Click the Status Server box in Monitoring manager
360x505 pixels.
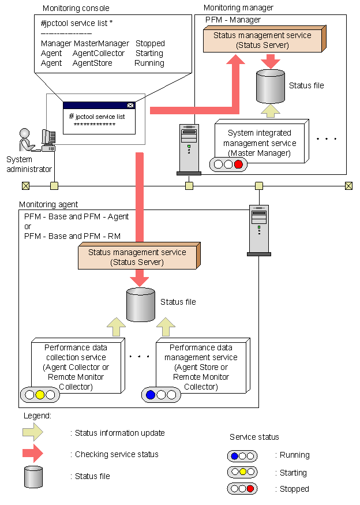coord(262,40)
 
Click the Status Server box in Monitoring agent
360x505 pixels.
coord(137,257)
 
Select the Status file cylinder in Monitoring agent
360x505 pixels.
coord(140,304)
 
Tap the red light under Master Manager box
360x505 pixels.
coord(238,164)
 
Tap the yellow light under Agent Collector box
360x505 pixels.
coord(40,395)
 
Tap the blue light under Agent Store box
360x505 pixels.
coord(151,395)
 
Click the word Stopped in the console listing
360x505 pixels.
coord(150,43)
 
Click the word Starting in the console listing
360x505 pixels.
coord(149,53)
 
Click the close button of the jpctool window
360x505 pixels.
coord(130,106)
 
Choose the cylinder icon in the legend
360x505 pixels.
coord(33,476)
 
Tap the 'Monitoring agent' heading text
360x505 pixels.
coord(48,205)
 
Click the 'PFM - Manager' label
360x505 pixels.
coord(233,20)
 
